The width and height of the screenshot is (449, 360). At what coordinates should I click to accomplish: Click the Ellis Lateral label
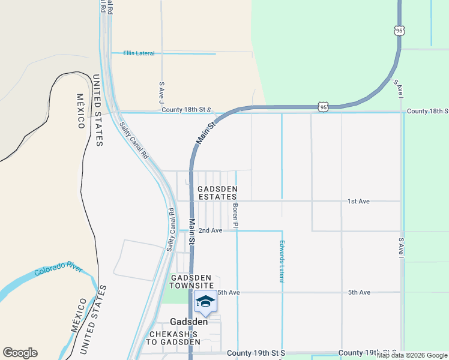pyautogui.click(x=139, y=53)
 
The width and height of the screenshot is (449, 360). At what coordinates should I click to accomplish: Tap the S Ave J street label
pyautogui.click(x=161, y=92)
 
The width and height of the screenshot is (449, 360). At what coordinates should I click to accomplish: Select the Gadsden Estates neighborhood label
pyautogui.click(x=217, y=193)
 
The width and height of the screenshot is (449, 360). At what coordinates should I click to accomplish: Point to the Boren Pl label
pyautogui.click(x=235, y=216)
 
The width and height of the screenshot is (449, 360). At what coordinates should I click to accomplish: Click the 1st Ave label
pyautogui.click(x=358, y=201)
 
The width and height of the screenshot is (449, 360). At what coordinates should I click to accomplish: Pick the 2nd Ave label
pyautogui.click(x=210, y=230)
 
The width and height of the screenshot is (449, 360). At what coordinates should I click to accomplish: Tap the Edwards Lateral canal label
pyautogui.click(x=281, y=262)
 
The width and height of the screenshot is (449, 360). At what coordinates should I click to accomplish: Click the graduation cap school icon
pyautogui.click(x=205, y=302)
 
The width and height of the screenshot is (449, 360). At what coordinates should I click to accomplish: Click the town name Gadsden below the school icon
pyautogui.click(x=189, y=322)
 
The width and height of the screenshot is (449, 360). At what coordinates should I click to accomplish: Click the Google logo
pyautogui.click(x=20, y=353)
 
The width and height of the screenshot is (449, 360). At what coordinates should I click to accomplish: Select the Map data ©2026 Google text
pyautogui.click(x=412, y=355)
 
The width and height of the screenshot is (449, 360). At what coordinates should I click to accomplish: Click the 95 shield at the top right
pyautogui.click(x=400, y=30)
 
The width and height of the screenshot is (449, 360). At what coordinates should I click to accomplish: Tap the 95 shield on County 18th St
pyautogui.click(x=324, y=107)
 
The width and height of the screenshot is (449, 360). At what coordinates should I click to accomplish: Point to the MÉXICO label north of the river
pyautogui.click(x=80, y=111)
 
